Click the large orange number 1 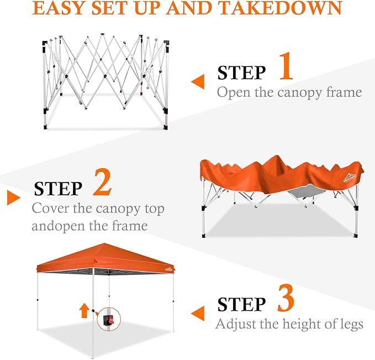point(287,66)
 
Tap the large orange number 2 point(102,182)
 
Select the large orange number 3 point(286,298)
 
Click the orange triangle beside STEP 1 point(198,81)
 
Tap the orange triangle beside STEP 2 point(14,197)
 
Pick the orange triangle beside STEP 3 point(198,313)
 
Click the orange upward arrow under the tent point(84,310)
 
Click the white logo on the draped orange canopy point(350,178)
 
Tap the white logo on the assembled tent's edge point(169,269)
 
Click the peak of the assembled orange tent point(104,243)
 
